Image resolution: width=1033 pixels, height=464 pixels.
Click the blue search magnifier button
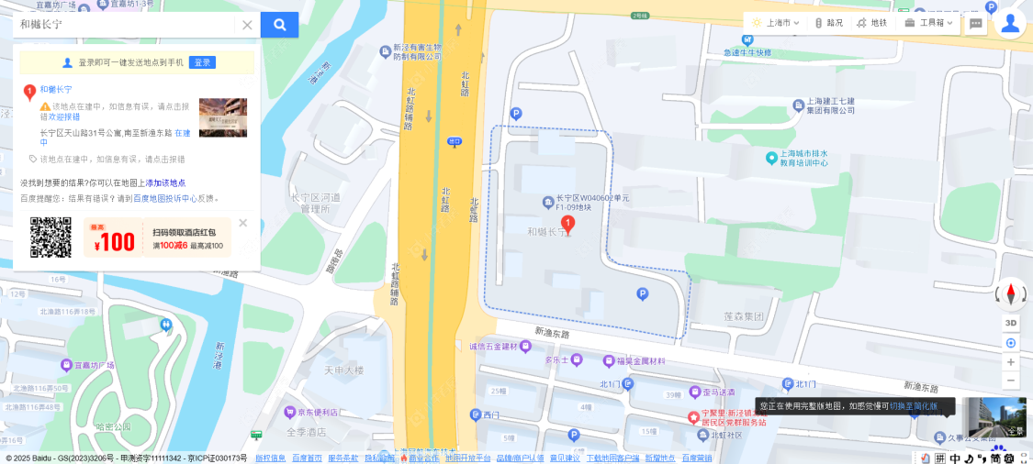(279, 25)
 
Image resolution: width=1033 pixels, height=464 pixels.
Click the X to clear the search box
(247, 25)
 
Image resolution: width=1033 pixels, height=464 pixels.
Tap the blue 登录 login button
(202, 62)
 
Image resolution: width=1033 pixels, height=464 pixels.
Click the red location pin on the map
(567, 224)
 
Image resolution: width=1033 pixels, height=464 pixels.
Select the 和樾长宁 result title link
(56, 90)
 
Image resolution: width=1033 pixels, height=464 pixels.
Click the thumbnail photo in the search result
(223, 117)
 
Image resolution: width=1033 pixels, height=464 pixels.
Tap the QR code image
(51, 238)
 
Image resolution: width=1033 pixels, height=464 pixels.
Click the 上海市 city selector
(775, 23)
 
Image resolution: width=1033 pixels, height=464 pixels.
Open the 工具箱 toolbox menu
(929, 23)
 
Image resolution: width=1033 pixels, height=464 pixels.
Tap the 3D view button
(1011, 323)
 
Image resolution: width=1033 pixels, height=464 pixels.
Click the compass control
(1011, 294)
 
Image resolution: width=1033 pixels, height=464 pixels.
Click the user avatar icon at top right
(1010, 23)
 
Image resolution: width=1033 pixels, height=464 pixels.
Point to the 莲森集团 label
(744, 316)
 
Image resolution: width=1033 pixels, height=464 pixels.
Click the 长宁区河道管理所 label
(315, 203)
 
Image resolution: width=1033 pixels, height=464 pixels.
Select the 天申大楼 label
(343, 370)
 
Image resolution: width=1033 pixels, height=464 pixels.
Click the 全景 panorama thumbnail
(997, 417)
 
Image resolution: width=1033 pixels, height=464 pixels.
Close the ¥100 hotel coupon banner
(242, 223)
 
